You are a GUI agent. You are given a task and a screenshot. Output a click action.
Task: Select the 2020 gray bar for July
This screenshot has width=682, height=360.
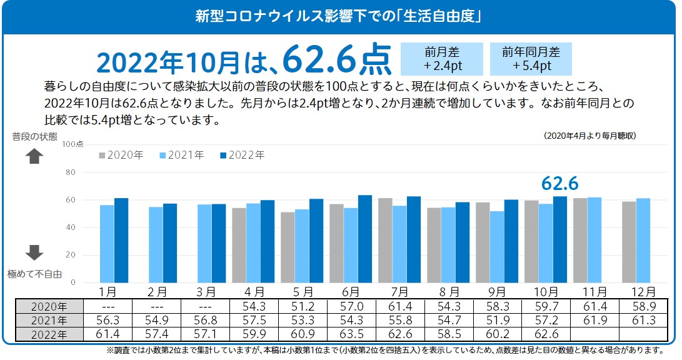pos(385,241)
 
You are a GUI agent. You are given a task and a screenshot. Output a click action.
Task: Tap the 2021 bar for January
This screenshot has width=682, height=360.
pos(107,244)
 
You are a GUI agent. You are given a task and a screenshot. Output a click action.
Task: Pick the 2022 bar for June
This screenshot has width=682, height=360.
pos(365,239)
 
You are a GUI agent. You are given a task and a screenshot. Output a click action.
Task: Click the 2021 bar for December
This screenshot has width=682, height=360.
pos(643,241)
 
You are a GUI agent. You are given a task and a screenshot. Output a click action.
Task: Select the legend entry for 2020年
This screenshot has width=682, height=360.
pos(121,155)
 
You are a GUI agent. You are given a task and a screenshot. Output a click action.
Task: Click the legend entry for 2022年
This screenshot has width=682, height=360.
pos(243,155)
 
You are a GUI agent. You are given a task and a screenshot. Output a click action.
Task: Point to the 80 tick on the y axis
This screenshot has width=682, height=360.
pos(71,172)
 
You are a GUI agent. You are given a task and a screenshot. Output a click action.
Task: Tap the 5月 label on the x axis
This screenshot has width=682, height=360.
pos(303,292)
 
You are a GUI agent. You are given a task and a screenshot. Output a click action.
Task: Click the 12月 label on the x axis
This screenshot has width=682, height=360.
pos(636,292)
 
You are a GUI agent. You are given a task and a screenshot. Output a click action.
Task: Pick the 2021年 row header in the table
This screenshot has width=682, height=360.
pos(49,320)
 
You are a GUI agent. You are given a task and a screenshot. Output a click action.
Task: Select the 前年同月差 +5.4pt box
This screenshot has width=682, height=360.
pos(531,59)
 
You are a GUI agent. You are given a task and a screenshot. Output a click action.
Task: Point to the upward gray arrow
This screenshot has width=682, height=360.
pos(34,156)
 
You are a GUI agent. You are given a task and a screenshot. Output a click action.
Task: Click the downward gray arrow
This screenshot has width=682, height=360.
pos(34,252)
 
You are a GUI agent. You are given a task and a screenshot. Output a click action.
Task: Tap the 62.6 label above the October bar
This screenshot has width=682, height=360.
pos(559,182)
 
